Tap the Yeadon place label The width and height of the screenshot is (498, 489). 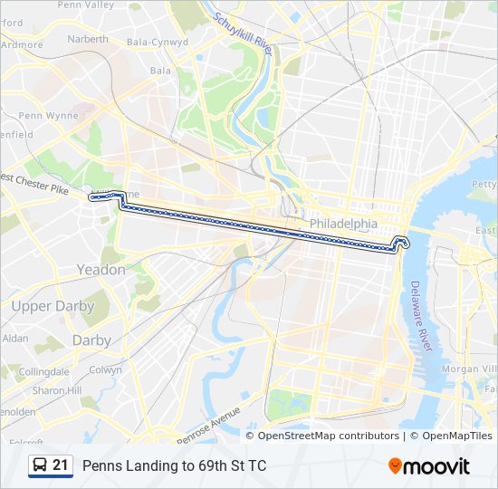(x=101, y=270)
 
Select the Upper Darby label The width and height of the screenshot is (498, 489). (x=53, y=306)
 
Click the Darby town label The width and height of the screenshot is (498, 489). (x=91, y=340)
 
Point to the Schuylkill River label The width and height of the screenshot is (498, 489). (x=244, y=34)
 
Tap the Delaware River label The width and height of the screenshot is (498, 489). (x=419, y=315)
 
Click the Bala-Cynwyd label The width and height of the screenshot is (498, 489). (x=158, y=42)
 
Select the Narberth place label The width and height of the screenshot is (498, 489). (x=88, y=39)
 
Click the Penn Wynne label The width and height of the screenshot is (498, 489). (x=49, y=115)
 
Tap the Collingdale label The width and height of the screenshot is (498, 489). (x=43, y=371)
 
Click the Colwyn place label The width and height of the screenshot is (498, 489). (x=105, y=369)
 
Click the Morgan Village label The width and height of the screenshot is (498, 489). (x=468, y=369)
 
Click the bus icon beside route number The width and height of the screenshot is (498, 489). (x=40, y=465)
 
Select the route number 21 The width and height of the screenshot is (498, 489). (x=61, y=465)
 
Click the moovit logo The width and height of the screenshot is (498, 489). (x=429, y=466)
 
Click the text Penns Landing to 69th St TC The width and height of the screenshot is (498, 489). (x=174, y=466)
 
